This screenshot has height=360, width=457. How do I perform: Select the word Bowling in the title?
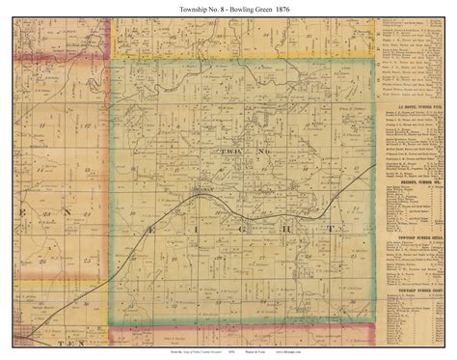[x=234, y=8]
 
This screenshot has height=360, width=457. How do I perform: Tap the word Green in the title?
[x=268, y=8]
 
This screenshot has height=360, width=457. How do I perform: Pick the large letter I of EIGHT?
[x=202, y=228]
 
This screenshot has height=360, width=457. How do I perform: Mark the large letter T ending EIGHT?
[x=333, y=228]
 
